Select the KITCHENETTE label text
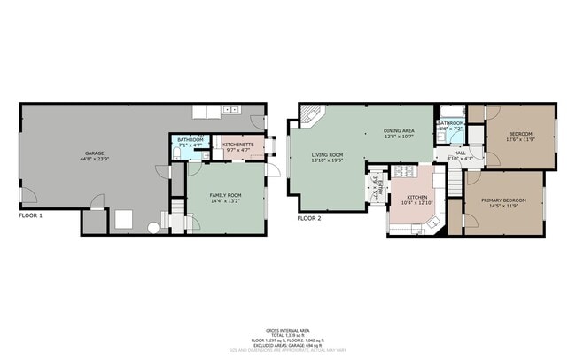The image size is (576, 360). coord(238,144)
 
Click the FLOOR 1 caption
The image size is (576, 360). coord(32,215)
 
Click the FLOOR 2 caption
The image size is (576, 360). coord(309,217)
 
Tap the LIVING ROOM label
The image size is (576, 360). coord(327,154)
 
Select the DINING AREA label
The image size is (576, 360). coord(399,131)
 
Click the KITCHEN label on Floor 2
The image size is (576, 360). coord(417,197)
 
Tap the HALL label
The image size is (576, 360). coord(460,153)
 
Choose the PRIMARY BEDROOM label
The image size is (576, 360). coord(503,200)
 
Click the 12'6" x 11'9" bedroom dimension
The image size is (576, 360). coord(521,139)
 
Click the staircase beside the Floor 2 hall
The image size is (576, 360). coord(453,181)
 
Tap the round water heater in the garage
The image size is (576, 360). coord(152,228)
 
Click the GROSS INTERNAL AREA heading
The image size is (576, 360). coord(288,329)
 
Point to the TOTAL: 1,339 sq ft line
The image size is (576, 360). coord(288,334)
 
